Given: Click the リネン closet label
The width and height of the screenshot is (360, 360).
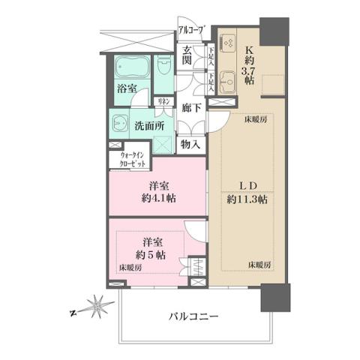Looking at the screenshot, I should click(x=163, y=101).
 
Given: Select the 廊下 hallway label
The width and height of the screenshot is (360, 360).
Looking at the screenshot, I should click(x=191, y=108).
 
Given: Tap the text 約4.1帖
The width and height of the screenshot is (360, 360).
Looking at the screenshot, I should click(x=157, y=200).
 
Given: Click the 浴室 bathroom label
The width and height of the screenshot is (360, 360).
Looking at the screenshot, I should click(x=125, y=88).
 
